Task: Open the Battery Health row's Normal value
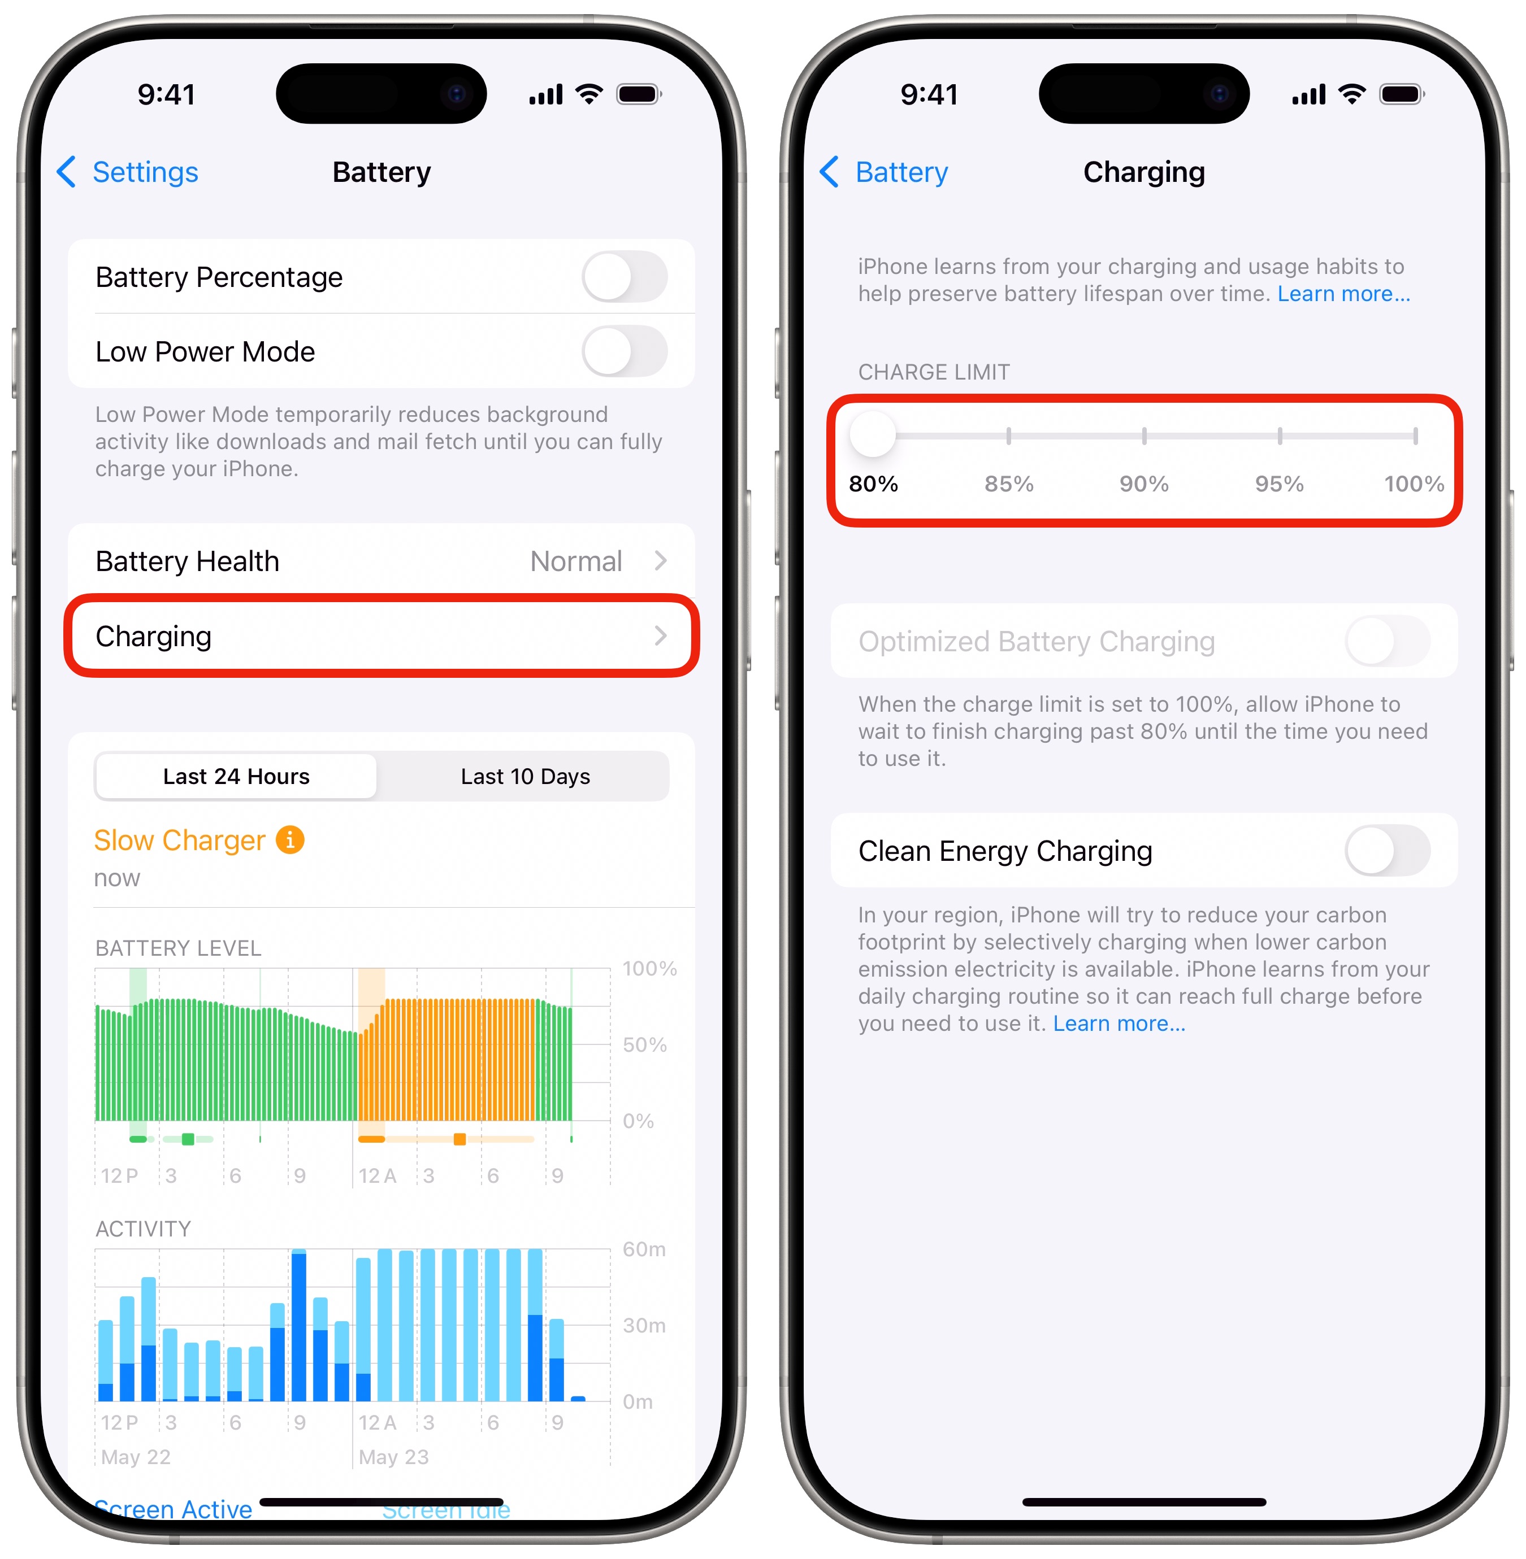575,561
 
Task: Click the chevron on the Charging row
660,636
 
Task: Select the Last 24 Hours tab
236,776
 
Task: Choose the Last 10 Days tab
525,776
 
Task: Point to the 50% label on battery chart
644,1044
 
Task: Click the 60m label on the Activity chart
644,1249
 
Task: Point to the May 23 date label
393,1456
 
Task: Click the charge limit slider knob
873,435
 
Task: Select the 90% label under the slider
1144,484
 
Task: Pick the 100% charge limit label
1414,484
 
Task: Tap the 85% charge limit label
1008,484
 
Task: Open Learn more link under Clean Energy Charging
1119,1024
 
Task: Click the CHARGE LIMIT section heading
934,373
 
